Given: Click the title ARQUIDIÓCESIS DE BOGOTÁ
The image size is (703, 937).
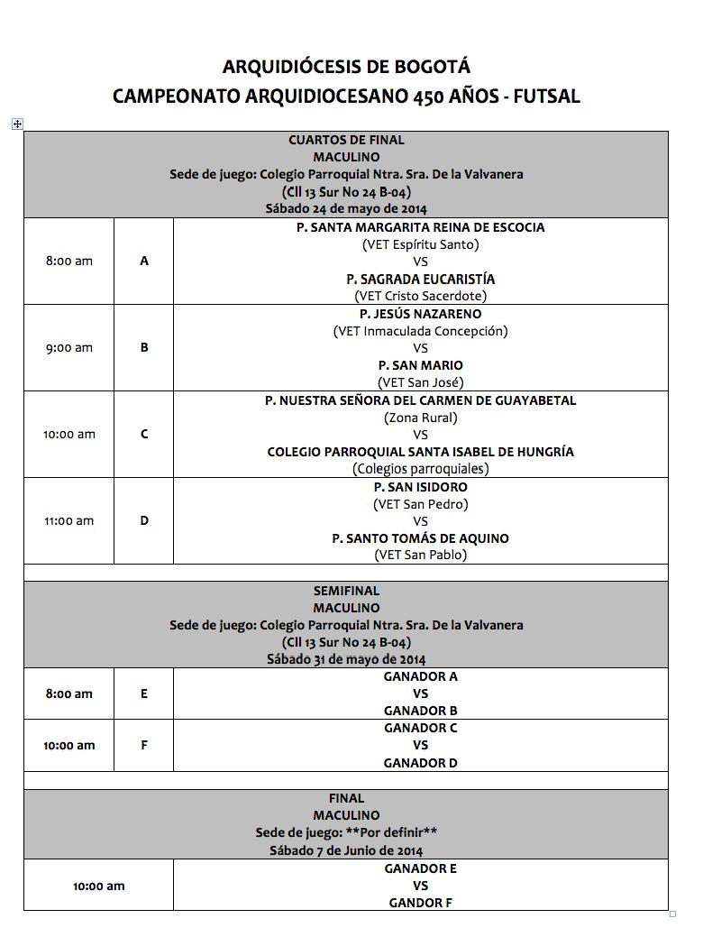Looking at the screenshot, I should click(346, 67).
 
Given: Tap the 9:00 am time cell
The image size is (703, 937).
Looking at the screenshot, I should click(69, 348).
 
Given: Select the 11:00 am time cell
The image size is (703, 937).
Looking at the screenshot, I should click(69, 521).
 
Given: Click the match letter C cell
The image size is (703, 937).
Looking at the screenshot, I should click(144, 435).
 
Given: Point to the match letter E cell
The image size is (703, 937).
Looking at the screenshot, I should click(144, 694).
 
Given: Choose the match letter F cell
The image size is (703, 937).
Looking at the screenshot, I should click(144, 746).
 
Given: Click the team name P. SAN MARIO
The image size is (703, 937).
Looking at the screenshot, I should click(421, 365).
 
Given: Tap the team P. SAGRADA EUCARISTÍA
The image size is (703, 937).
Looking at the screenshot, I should click(421, 279).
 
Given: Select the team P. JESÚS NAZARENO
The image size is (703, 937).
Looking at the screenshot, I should click(421, 314).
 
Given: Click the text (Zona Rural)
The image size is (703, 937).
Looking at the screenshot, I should click(421, 418).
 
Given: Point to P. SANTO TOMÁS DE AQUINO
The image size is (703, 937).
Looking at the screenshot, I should click(421, 538).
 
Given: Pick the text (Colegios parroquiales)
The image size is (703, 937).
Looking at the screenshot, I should click(421, 469).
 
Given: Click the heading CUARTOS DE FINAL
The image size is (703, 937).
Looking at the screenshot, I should click(346, 140).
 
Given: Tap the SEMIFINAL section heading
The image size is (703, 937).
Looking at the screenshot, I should click(346, 591).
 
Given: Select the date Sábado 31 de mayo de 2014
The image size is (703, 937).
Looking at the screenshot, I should click(346, 659).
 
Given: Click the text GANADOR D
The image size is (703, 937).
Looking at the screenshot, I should click(421, 763).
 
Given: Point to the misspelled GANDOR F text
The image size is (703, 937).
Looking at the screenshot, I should click(421, 903).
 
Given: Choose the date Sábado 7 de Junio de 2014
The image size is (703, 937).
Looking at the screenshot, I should click(346, 850).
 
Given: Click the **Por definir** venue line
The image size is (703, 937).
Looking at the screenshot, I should click(346, 833).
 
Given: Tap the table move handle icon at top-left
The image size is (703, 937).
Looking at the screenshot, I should click(17, 124).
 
